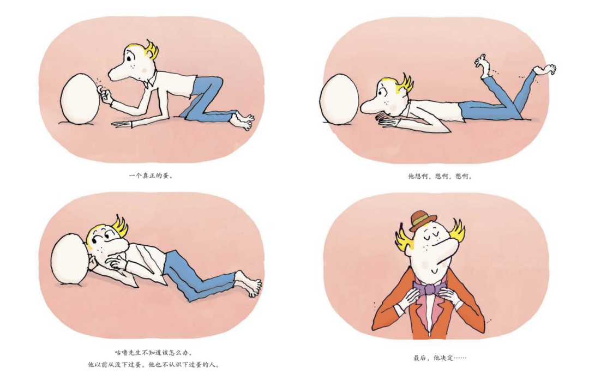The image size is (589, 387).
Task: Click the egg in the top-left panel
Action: (80, 99)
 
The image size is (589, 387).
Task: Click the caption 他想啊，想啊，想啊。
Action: (441, 176)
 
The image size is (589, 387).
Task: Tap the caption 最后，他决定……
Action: (440, 358)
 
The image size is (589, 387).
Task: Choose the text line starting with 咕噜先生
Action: (154, 353)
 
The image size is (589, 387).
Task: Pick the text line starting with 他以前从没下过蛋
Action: (154, 365)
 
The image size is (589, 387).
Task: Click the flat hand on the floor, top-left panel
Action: (123, 124)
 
